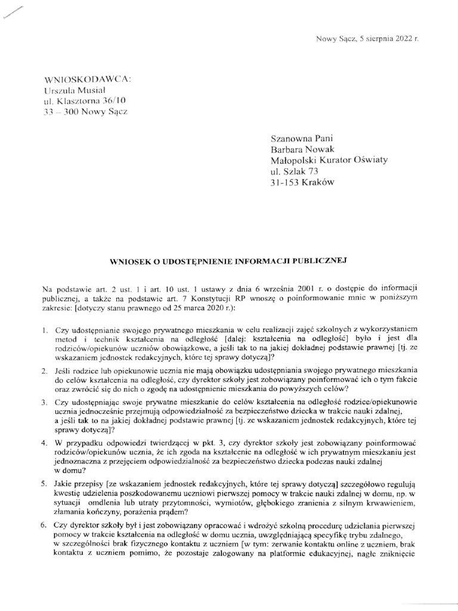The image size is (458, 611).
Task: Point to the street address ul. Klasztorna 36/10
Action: click(85, 100)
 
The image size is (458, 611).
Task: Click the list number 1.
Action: click(45, 330)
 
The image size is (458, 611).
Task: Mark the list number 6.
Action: click(45, 525)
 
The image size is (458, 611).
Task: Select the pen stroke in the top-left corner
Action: click(13, 12)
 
